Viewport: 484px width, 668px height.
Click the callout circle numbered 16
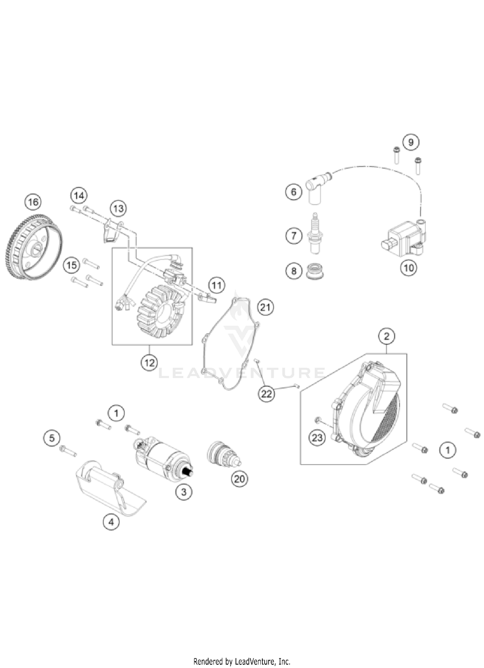[x=33, y=202]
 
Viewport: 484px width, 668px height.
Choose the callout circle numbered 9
[x=411, y=142]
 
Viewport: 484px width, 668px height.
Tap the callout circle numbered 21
[x=265, y=307]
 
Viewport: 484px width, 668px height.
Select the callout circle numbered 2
[x=387, y=336]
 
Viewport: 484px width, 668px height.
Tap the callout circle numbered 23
[x=317, y=438]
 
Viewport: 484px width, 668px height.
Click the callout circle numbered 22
[x=267, y=394]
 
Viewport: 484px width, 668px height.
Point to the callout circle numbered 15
[x=72, y=265]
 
